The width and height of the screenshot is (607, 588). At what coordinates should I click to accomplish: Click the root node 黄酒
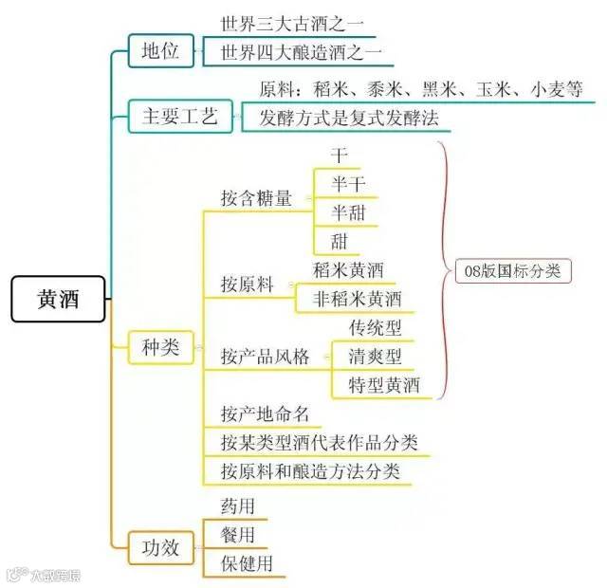pos(59,300)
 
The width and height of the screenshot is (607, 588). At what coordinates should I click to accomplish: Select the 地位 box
pos(160,51)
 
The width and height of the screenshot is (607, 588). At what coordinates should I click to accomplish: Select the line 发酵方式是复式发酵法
pos(342,119)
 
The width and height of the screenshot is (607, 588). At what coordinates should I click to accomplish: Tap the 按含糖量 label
pos(256,199)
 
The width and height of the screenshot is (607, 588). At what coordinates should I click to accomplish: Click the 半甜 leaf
pos(347,211)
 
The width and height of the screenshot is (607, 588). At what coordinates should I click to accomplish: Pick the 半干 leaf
pos(347,182)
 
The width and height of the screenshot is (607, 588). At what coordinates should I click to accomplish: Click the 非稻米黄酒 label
pos(358,299)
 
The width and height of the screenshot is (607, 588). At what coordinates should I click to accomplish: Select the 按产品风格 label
pos(265,357)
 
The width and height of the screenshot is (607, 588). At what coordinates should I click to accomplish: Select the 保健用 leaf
pos(247,563)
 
